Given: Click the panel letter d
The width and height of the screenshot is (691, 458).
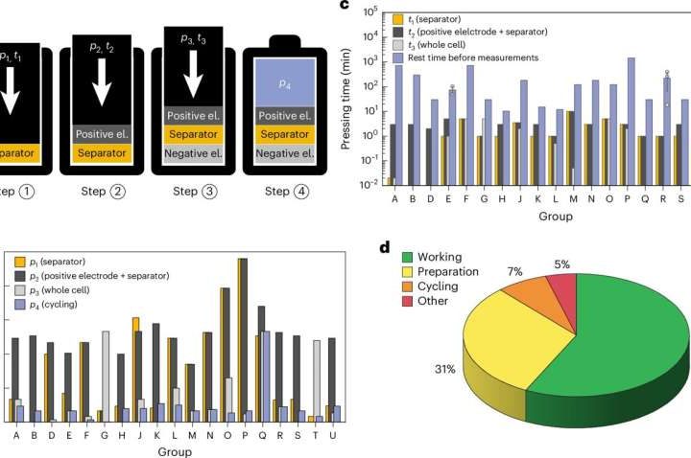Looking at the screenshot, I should [x=384, y=248].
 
